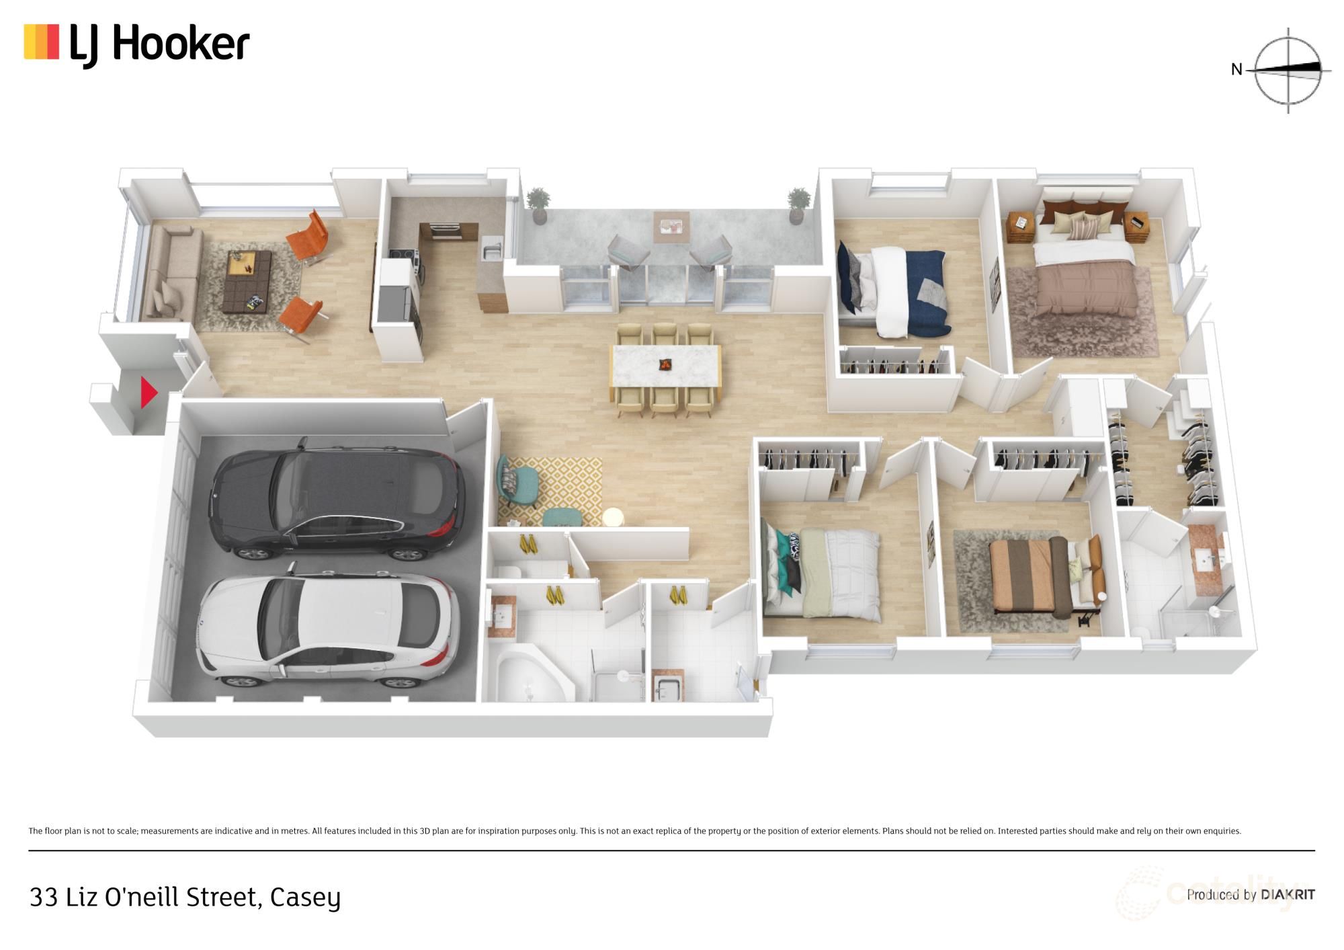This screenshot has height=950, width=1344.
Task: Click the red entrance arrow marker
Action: tap(148, 392)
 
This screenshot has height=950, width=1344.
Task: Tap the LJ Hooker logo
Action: tap(136, 44)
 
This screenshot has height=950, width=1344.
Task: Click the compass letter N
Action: tap(1236, 69)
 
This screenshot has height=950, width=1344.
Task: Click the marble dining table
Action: tap(665, 366)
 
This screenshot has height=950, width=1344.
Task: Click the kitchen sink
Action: tap(491, 250)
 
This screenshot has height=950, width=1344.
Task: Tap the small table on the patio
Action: tap(671, 227)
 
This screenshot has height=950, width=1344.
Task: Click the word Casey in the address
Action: tap(305, 898)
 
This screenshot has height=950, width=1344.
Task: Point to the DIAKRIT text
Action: tap(1288, 895)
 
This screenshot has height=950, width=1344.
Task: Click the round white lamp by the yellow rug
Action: tap(613, 517)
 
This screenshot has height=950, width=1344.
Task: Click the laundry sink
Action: tap(667, 687)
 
